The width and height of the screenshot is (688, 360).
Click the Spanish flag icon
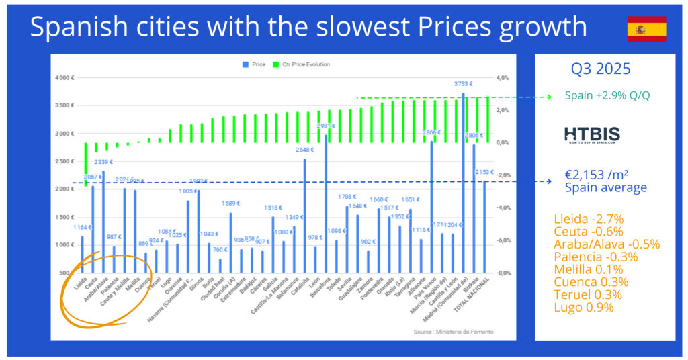tap(646, 29)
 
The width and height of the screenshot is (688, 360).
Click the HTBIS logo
tap(592, 134)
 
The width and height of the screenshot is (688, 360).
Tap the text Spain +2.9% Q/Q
tap(607, 96)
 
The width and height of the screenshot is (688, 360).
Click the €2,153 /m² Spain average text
tap(605, 181)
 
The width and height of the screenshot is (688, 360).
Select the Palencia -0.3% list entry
tap(595, 257)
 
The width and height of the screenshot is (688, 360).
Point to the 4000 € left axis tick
tap(64, 78)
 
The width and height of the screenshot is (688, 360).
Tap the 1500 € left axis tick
tap(64, 218)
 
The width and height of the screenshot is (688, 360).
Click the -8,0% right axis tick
tap(503, 273)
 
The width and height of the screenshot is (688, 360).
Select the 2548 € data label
tap(306, 150)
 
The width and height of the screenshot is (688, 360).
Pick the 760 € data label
tap(220, 251)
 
